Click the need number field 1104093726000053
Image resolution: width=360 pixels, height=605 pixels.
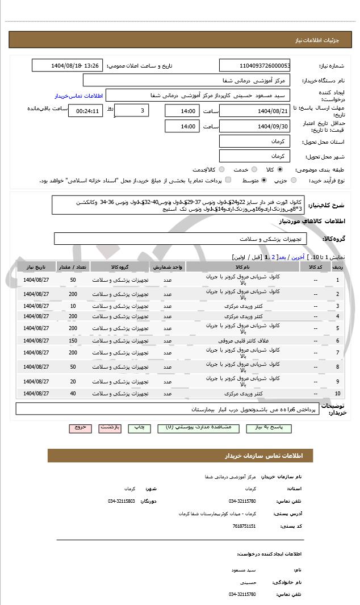tap(255, 65)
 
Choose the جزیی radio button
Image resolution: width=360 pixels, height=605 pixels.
tap(293, 180)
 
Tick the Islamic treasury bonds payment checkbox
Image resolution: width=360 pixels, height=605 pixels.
tap(228, 180)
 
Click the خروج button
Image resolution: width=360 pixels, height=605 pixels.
tap(80, 427)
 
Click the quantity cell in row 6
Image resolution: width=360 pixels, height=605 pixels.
tap(73, 341)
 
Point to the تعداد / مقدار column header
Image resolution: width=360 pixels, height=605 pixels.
tap(73, 266)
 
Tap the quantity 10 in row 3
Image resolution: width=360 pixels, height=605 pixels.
tap(73, 306)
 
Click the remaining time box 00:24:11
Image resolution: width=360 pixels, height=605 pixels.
tap(86, 111)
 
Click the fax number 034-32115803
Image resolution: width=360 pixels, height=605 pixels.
tap(121, 501)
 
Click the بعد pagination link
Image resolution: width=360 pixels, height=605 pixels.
tap(281, 257)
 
